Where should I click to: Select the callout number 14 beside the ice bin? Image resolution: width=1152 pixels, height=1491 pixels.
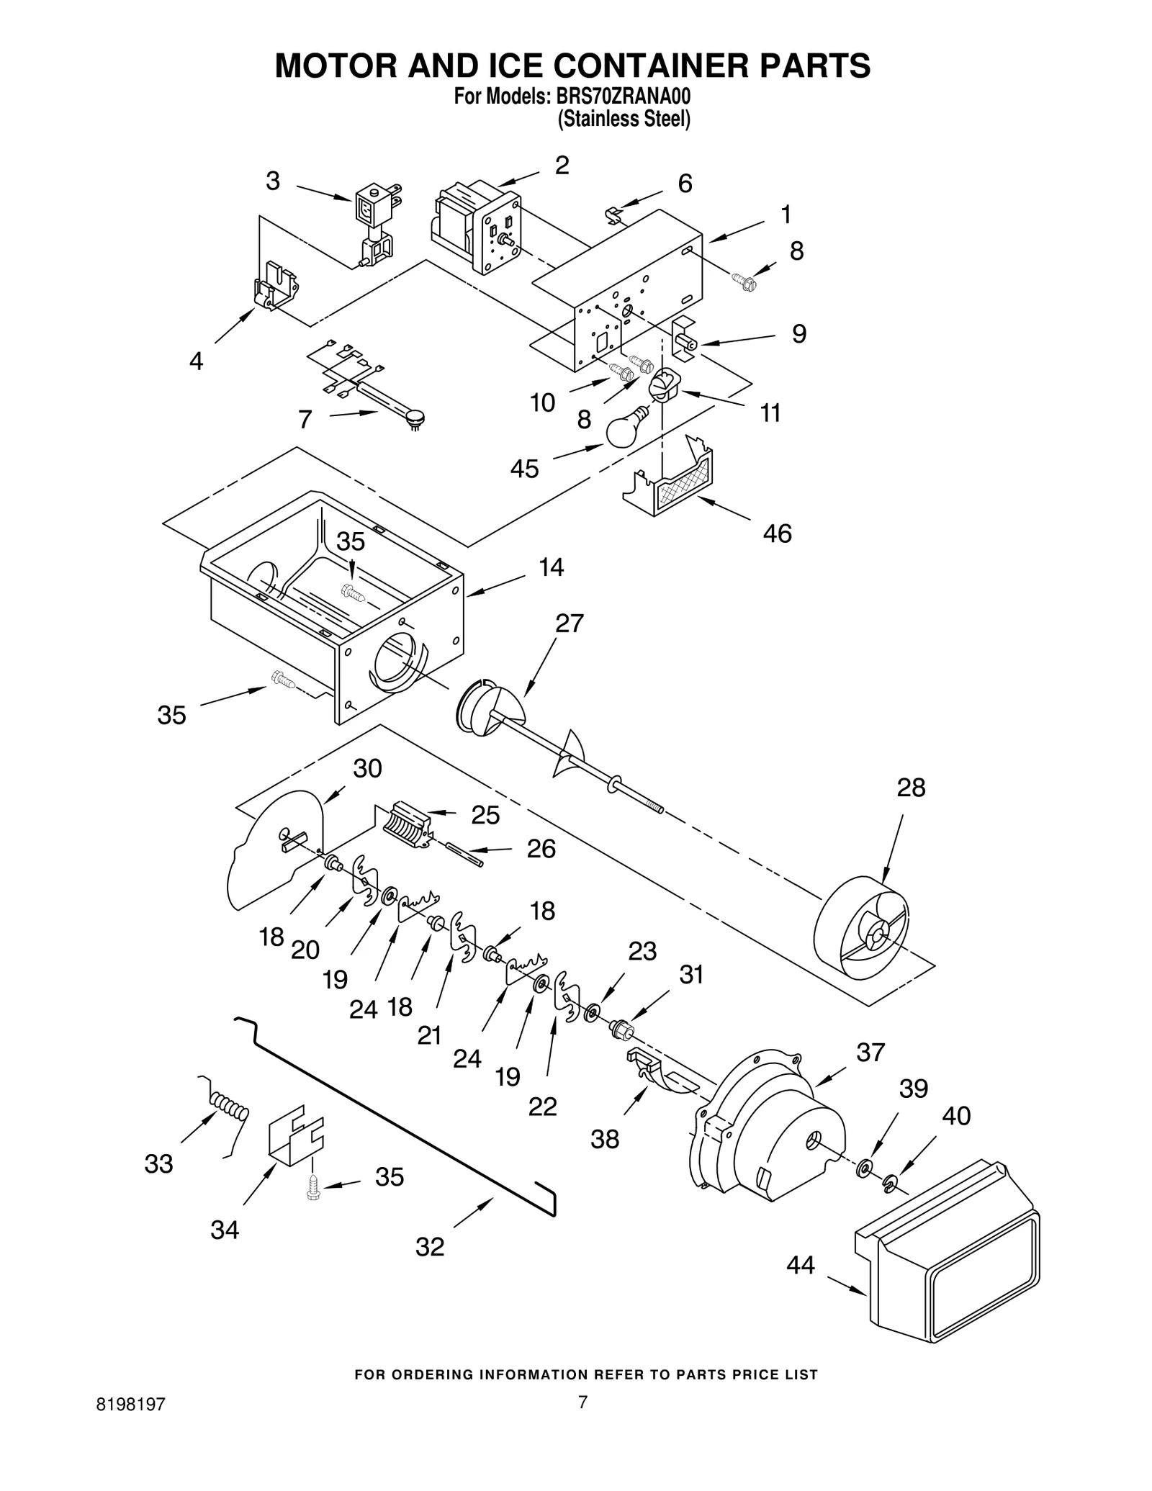[552, 567]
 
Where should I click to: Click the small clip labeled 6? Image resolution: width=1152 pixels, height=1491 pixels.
[613, 214]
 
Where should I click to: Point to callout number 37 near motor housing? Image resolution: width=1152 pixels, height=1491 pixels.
[870, 1053]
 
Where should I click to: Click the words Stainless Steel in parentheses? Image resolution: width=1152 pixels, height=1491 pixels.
[624, 120]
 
